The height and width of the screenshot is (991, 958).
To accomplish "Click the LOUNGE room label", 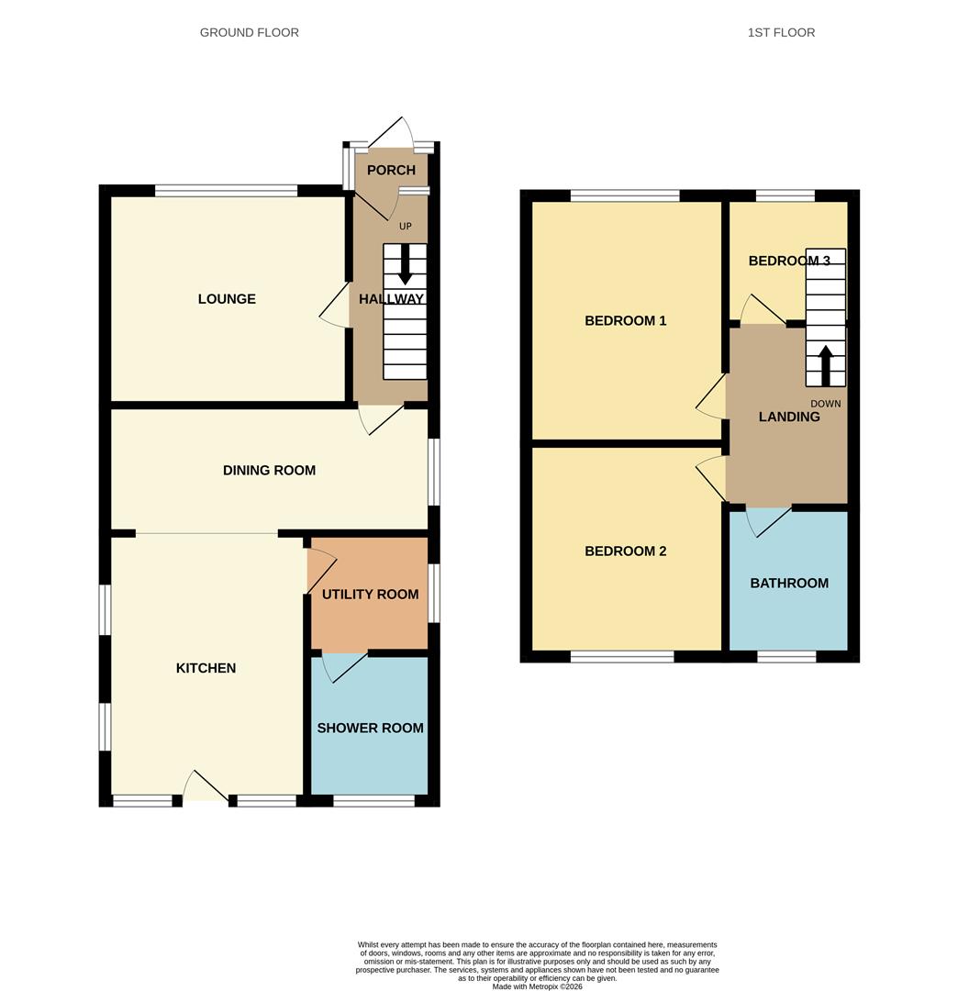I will pyautogui.click(x=227, y=299).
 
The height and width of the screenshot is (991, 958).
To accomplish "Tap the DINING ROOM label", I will pyautogui.click(x=269, y=471).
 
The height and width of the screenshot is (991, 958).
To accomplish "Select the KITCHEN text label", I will pyautogui.click(x=206, y=669).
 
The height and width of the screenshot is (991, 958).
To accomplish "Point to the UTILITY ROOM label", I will pyautogui.click(x=370, y=595).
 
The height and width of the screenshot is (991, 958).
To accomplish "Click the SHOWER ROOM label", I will pyautogui.click(x=370, y=729).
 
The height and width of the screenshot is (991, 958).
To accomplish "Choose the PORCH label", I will pyautogui.click(x=391, y=171).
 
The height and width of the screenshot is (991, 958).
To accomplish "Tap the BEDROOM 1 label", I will pyautogui.click(x=625, y=321).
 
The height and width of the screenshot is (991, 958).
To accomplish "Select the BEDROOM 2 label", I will pyautogui.click(x=625, y=551).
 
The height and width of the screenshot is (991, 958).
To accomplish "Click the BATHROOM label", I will pyautogui.click(x=789, y=584).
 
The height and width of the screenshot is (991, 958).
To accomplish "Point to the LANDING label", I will pyautogui.click(x=789, y=418).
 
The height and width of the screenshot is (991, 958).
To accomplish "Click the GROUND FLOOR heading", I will pyautogui.click(x=250, y=33).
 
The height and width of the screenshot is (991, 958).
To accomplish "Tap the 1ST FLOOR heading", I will pyautogui.click(x=781, y=33).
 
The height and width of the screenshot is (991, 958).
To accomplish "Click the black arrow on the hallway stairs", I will pyautogui.click(x=405, y=266).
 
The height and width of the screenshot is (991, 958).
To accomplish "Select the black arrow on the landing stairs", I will pyautogui.click(x=825, y=364).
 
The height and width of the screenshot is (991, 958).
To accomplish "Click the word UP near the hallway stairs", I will pyautogui.click(x=405, y=227).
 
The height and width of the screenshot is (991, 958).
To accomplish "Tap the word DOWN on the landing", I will pyautogui.click(x=825, y=404).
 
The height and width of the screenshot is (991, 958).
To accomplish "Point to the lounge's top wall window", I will pyautogui.click(x=226, y=191).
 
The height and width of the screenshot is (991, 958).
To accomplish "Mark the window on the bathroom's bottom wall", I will pyautogui.click(x=786, y=656).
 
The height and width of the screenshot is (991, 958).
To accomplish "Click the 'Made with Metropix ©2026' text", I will pyautogui.click(x=537, y=986).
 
